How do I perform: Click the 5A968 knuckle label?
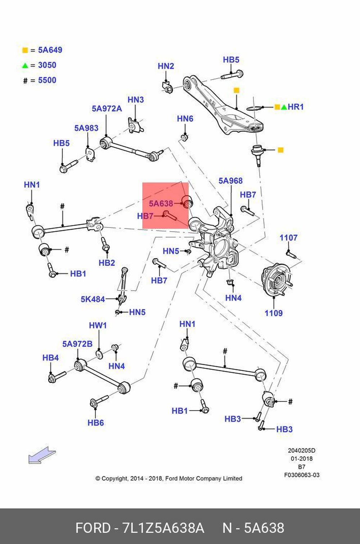click(x=230, y=181)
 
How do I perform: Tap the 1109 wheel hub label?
click(x=274, y=313)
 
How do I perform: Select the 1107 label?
click(x=288, y=238)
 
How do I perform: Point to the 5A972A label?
click(x=107, y=108)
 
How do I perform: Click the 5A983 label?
click(x=86, y=128)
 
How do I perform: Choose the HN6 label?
click(x=185, y=118)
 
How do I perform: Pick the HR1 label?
click(x=296, y=107)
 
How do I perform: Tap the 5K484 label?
click(x=93, y=299)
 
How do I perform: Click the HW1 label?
click(x=98, y=325)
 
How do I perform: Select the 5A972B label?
click(x=77, y=344)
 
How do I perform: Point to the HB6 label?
click(x=96, y=423)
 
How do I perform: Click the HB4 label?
click(x=50, y=358)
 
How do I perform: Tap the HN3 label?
click(x=136, y=99)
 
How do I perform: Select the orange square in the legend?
click(x=25, y=50)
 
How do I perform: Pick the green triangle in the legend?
click(x=25, y=66)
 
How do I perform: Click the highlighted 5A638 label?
click(x=161, y=203)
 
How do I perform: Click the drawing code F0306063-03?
click(x=302, y=475)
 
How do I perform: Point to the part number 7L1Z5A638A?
click(x=163, y=528)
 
